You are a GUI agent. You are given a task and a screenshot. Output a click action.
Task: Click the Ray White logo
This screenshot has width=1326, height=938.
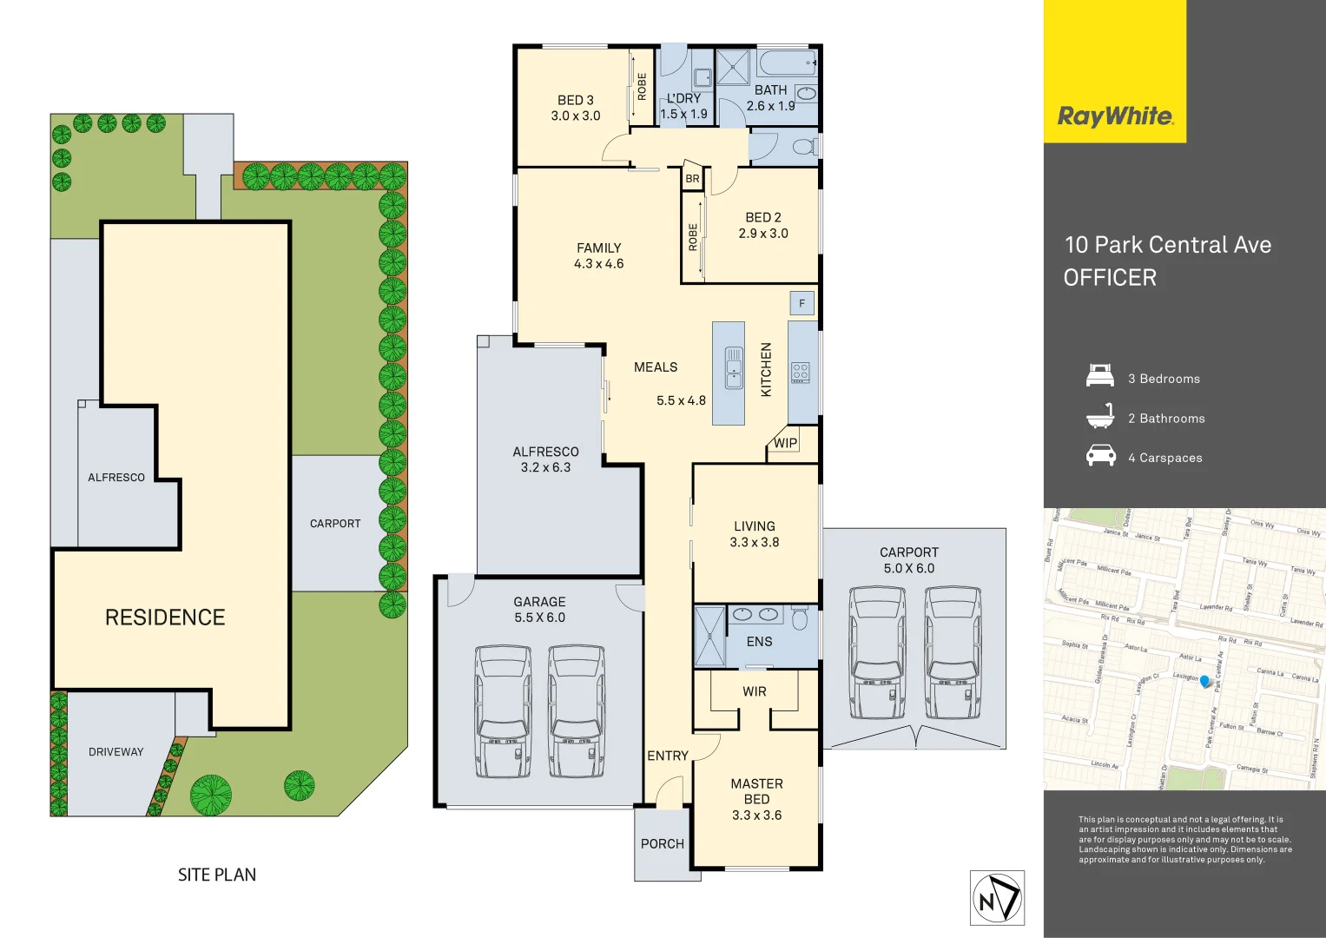(1115, 116)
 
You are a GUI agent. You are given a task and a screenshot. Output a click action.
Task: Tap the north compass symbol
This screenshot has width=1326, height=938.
(997, 898)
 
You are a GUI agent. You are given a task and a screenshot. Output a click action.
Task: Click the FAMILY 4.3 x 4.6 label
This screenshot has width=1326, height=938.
(598, 255)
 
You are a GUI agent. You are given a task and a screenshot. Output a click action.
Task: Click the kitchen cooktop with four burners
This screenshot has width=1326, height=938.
(801, 373)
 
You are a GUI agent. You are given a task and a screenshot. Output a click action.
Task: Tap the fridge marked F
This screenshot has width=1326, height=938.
(802, 303)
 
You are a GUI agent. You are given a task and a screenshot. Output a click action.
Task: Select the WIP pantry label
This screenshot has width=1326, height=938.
(785, 443)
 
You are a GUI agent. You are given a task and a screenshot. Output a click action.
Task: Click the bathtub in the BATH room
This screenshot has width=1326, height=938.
(787, 63)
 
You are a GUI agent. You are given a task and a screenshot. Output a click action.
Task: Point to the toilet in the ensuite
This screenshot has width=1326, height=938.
(800, 618)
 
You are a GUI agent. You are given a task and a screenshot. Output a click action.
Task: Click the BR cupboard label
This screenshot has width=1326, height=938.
(692, 179)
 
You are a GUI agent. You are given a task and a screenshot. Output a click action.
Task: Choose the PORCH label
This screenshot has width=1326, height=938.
(662, 843)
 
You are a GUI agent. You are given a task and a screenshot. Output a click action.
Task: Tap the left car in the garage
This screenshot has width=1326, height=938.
(503, 710)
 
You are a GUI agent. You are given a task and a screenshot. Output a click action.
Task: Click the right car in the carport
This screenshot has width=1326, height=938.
(953, 652)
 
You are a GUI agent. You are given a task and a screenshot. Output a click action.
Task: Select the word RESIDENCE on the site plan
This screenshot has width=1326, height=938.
(165, 618)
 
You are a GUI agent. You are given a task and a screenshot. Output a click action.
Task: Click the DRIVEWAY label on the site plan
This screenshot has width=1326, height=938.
(115, 752)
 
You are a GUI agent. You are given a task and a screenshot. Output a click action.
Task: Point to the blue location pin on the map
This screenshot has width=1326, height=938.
(1204, 681)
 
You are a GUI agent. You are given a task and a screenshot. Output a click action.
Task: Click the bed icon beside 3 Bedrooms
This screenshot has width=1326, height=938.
(1100, 377)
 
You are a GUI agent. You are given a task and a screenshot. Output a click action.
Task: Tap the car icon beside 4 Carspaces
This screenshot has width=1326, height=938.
(1100, 456)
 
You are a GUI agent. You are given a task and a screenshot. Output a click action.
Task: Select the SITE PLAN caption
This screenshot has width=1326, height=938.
(217, 875)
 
